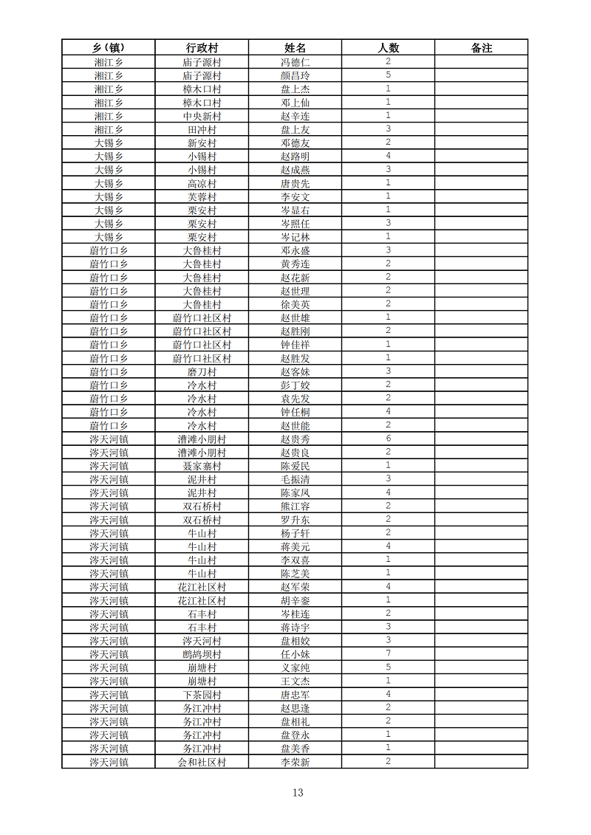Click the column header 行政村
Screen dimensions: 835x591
(202, 48)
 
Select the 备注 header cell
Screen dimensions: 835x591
(481, 48)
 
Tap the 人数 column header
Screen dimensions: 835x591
(388, 48)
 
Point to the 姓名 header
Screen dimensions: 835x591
(295, 48)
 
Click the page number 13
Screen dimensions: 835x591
(298, 793)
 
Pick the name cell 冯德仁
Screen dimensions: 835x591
(295, 62)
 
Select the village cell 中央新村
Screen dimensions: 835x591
(202, 116)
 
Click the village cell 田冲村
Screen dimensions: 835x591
(202, 129)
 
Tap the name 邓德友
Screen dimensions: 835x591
(295, 142)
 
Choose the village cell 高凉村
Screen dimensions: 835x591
(202, 183)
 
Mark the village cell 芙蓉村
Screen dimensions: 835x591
(202, 196)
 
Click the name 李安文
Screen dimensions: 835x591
(295, 196)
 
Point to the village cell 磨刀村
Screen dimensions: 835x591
(202, 371)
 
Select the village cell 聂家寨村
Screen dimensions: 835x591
(202, 466)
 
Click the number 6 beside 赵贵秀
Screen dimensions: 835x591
(388, 439)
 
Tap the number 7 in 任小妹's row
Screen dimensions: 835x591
(388, 654)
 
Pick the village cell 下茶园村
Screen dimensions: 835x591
(202, 695)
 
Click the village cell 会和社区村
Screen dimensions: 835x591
(202, 762)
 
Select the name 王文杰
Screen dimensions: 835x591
(295, 681)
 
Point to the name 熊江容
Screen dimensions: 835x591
(295, 506)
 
